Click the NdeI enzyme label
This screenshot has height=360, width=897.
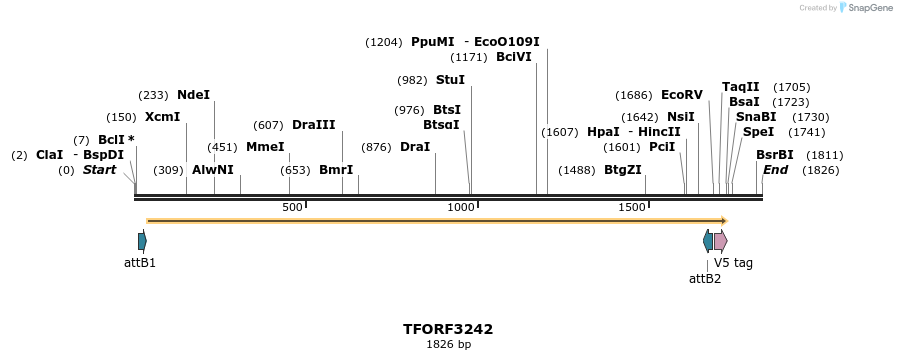click(x=193, y=95)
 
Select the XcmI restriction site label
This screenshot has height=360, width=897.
click(x=162, y=117)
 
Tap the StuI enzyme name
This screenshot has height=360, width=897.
click(x=450, y=80)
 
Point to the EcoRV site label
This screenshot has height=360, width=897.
click(x=681, y=95)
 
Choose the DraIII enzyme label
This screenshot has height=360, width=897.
click(x=313, y=125)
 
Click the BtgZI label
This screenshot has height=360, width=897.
click(x=622, y=170)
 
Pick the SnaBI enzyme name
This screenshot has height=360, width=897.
click(x=755, y=117)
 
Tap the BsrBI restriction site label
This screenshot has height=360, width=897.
click(x=774, y=155)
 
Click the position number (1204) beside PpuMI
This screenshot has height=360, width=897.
click(x=384, y=42)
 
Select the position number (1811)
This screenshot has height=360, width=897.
click(x=825, y=155)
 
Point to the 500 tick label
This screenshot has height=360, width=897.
click(x=292, y=208)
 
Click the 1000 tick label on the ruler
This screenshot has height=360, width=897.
click(x=461, y=208)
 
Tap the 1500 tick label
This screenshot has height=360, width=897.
click(x=632, y=208)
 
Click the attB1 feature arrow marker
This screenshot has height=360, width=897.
click(x=142, y=241)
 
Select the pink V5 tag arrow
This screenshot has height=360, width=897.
click(x=720, y=241)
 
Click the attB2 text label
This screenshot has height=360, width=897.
click(x=705, y=279)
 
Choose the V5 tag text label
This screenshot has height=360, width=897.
click(x=733, y=263)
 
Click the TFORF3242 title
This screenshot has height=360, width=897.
click(x=448, y=329)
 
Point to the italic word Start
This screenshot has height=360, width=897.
click(x=99, y=170)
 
